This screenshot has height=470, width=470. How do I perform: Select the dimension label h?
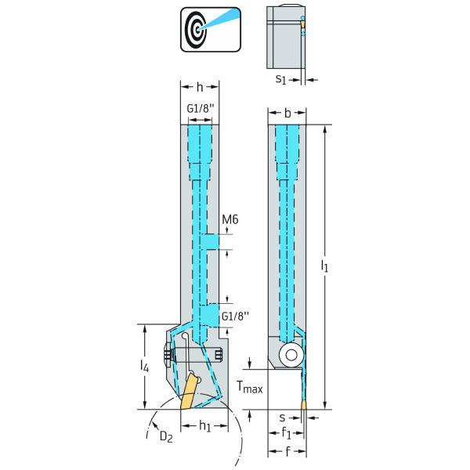click(200, 88)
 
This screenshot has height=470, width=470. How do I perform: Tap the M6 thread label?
click(230, 219)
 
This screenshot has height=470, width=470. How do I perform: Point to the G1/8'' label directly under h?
click(200, 108)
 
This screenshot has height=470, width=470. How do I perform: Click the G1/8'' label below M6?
click(235, 316)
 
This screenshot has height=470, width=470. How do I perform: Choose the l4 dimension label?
click(144, 365)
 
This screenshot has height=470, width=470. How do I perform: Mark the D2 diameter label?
click(166, 436)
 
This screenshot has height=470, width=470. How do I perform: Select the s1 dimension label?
click(280, 79)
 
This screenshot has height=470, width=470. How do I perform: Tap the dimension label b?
click(287, 114)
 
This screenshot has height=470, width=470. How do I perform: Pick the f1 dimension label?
click(287, 433)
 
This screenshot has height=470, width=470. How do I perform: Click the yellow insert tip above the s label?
click(303, 407)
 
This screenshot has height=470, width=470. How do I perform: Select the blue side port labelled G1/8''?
click(210, 316)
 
